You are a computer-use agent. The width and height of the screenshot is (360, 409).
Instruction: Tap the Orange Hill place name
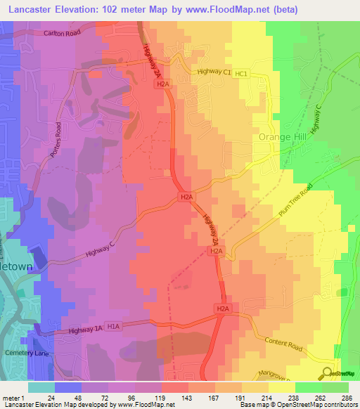[284, 137]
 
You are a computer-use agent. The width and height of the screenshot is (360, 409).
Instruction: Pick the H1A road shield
[115, 326]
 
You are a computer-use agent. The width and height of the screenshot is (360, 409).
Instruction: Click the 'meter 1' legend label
[13, 397]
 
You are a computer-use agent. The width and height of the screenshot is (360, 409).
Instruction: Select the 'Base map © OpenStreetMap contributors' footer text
[298, 405]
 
